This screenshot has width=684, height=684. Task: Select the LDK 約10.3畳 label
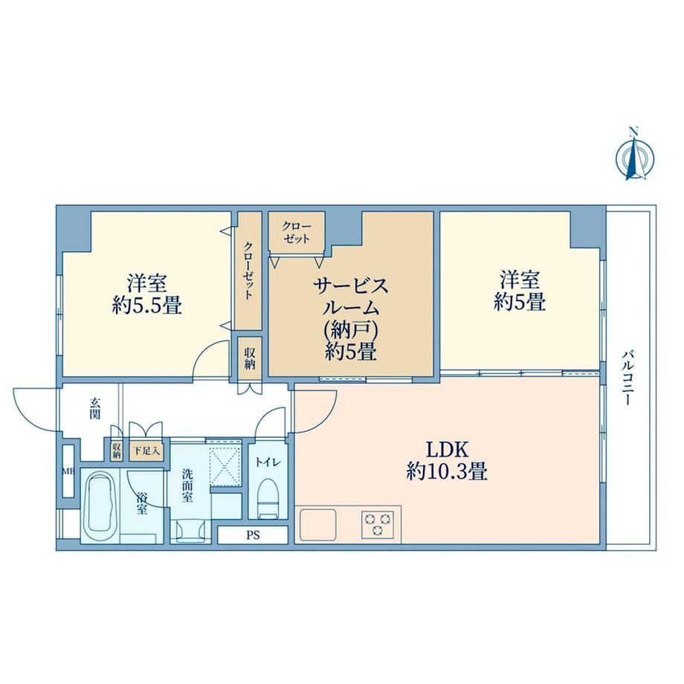point(447,460)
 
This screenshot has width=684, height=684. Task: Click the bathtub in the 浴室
point(100,506)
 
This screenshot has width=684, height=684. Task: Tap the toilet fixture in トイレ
point(268,497)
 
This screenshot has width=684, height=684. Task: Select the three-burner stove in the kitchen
point(378,524)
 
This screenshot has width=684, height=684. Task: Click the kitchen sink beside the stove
point(317,524)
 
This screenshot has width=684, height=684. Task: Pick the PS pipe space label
point(253,535)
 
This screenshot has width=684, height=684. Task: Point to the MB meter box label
point(68,471)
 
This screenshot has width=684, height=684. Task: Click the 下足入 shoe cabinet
point(146,451)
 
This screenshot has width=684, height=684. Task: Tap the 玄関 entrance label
point(95,408)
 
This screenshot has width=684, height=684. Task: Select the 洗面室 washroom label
point(187,485)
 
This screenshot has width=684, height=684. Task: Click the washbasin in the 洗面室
point(190,530)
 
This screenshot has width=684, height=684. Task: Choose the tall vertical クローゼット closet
point(249,271)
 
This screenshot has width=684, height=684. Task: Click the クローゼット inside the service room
point(297,232)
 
